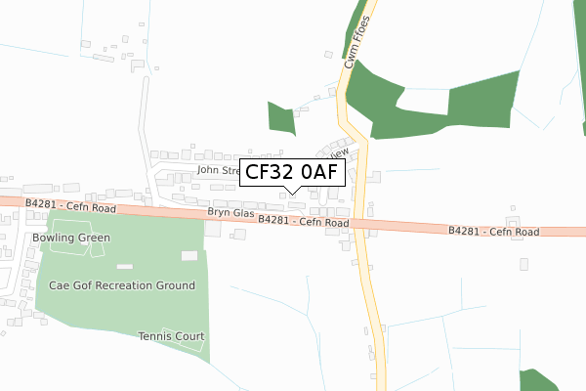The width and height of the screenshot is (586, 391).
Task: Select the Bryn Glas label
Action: (x=230, y=213)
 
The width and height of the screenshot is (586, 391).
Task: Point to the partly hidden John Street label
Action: (x=217, y=170)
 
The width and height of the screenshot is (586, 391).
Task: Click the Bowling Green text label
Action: (x=71, y=238)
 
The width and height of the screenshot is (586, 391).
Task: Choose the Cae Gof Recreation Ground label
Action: (x=122, y=285)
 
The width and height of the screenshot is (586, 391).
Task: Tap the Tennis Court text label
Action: (x=171, y=336)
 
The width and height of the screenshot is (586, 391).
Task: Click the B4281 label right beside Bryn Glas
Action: (x=304, y=223)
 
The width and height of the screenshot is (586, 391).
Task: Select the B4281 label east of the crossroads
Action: (x=494, y=232)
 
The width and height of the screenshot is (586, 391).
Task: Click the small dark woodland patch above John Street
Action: (x=281, y=119)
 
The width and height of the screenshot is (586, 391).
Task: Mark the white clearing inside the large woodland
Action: (x=422, y=100)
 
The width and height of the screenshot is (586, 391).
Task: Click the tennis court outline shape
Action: (x=184, y=334)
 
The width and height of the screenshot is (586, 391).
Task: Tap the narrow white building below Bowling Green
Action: (x=124, y=266)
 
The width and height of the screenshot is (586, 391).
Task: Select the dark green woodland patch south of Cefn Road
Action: (x=540, y=380)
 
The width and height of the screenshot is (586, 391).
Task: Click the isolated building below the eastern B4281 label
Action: (x=524, y=264)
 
